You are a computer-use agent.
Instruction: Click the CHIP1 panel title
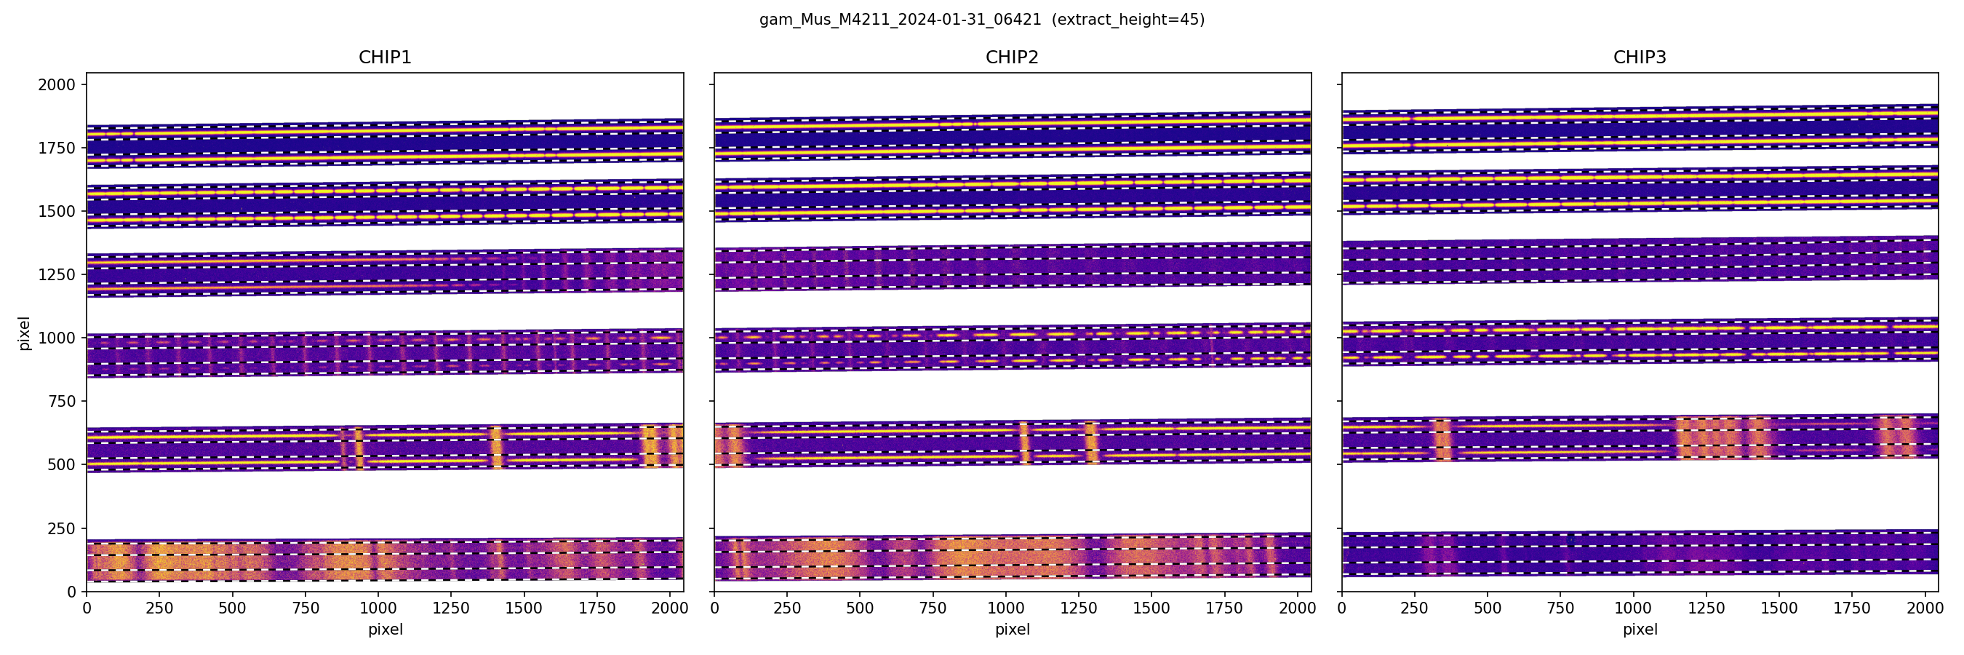pyautogui.click(x=385, y=57)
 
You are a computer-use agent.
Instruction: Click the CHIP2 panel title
pyautogui.click(x=1012, y=57)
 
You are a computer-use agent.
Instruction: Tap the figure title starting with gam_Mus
pyautogui.click(x=900, y=20)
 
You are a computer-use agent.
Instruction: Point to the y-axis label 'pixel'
pyautogui.click(x=25, y=333)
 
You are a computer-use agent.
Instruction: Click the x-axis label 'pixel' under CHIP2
pyautogui.click(x=1012, y=630)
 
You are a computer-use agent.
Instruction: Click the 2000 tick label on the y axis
pyautogui.click(x=57, y=84)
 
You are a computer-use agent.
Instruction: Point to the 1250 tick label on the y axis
pyautogui.click(x=57, y=274)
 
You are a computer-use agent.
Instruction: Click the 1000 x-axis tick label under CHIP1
pyautogui.click(x=378, y=608)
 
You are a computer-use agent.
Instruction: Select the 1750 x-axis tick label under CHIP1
pyautogui.click(x=597, y=608)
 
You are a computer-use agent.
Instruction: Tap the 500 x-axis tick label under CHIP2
pyautogui.click(x=860, y=608)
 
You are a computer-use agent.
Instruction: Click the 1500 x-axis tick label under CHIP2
pyautogui.click(x=1151, y=608)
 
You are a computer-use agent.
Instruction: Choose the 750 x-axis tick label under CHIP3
pyautogui.click(x=1560, y=608)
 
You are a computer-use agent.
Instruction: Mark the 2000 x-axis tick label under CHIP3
pyautogui.click(x=1924, y=608)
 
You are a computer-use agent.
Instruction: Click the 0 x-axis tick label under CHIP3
pyautogui.click(x=1342, y=608)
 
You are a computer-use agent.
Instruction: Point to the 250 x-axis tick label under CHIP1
pyautogui.click(x=159, y=608)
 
